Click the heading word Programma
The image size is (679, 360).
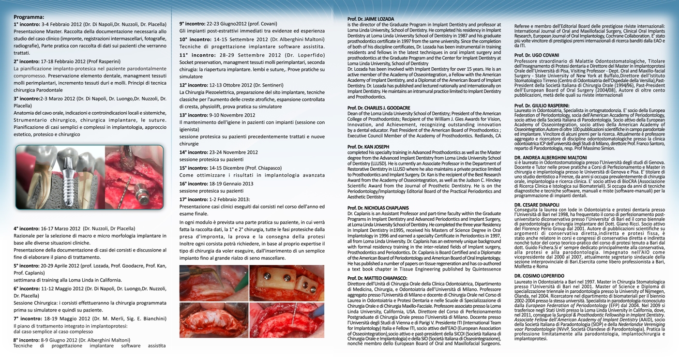pos(29,17)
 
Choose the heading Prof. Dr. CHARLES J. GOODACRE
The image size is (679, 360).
pos(378,108)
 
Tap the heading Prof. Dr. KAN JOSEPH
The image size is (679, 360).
pos(368,147)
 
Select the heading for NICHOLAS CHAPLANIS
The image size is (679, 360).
pos(378,208)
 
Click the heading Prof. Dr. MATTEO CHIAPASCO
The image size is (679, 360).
pos(377,278)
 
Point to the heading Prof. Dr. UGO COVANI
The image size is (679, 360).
pos(536,55)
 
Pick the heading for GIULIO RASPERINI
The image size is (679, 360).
pos(542,105)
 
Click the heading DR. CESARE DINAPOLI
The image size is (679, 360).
pos(537,205)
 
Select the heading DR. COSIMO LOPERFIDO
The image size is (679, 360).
pos(539,276)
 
